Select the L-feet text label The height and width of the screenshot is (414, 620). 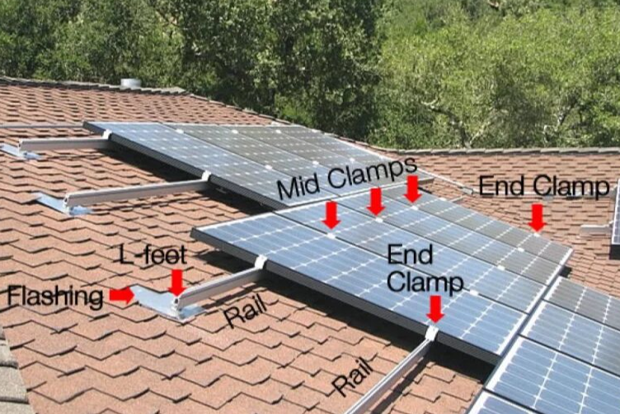coord(153,255)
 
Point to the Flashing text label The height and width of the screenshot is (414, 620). coord(55,298)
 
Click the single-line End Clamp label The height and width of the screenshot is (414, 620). coord(543,186)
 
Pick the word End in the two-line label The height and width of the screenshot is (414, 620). coord(410,255)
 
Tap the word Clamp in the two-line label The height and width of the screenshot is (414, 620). coord(425,282)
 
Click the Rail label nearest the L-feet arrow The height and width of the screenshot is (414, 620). coord(245,311)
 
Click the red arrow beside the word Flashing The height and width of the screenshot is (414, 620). coord(122,296)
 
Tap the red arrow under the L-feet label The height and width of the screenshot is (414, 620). coord(177,282)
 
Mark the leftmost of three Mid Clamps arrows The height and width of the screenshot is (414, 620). coord(331,215)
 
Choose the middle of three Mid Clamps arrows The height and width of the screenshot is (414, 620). coord(376,202)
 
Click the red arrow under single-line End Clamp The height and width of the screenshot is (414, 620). coord(537,218)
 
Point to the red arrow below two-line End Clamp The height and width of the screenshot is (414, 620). coord(435,309)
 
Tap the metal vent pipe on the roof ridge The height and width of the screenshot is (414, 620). coord(131,83)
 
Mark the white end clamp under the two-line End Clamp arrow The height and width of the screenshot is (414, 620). coord(431,333)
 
